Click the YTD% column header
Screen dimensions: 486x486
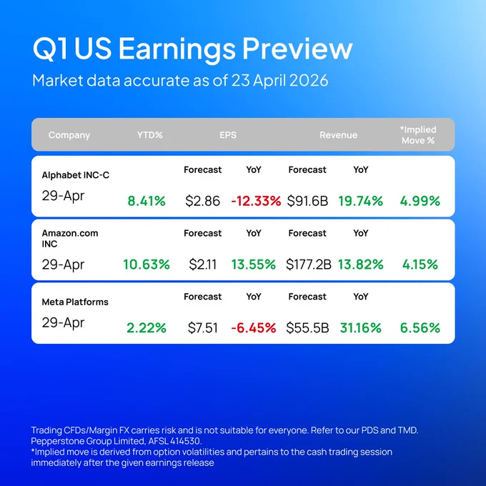(x=149, y=135)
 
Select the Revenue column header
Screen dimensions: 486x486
(x=338, y=135)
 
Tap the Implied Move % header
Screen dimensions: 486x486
(x=418, y=135)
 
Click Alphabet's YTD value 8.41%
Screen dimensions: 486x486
(x=147, y=201)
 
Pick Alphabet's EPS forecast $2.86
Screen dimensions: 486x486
(x=202, y=201)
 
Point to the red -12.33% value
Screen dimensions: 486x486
(x=256, y=201)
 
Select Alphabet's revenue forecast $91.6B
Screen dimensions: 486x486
(x=307, y=201)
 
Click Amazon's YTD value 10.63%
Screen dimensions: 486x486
(x=147, y=264)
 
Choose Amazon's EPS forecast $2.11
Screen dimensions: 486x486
(x=202, y=264)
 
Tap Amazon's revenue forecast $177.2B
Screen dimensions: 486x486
(x=309, y=264)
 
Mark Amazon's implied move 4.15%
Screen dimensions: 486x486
(x=420, y=264)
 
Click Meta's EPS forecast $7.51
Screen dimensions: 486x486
(x=202, y=328)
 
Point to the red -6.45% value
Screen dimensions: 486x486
(x=254, y=328)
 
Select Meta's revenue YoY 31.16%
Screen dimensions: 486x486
(x=360, y=328)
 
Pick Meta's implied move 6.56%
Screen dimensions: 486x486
(x=420, y=328)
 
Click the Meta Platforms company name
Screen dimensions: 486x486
(x=75, y=302)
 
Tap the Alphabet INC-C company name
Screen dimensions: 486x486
(x=75, y=175)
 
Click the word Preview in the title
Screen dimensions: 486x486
(x=297, y=49)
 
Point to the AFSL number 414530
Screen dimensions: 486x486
(x=185, y=441)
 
